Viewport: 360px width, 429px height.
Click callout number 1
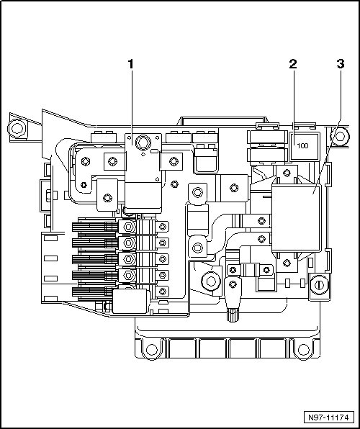click(x=131, y=64)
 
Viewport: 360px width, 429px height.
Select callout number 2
click(x=293, y=64)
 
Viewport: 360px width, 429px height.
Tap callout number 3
click(x=341, y=64)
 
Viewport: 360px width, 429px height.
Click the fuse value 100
click(x=302, y=145)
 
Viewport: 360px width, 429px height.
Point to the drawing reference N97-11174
click(x=328, y=417)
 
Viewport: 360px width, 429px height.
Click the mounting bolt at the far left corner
click(x=17, y=128)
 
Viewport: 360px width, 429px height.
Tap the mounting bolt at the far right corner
click(x=340, y=136)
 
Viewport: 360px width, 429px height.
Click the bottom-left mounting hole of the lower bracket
click(x=152, y=349)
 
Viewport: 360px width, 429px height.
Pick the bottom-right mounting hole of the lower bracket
click(x=303, y=349)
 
